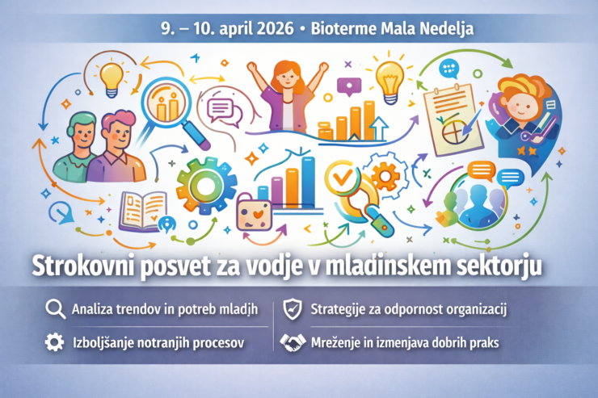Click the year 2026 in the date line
(x=275, y=28)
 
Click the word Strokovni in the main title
(x=82, y=265)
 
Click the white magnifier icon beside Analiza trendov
(x=55, y=309)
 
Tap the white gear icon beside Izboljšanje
(x=54, y=341)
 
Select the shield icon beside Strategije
(x=293, y=309)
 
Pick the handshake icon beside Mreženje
(x=293, y=342)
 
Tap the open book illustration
(x=143, y=212)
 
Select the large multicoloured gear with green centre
(x=206, y=186)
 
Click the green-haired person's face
(x=83, y=134)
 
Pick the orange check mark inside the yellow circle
(x=342, y=176)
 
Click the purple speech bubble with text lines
(x=220, y=109)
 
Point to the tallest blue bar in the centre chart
(x=308, y=182)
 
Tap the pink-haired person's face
(x=119, y=135)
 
